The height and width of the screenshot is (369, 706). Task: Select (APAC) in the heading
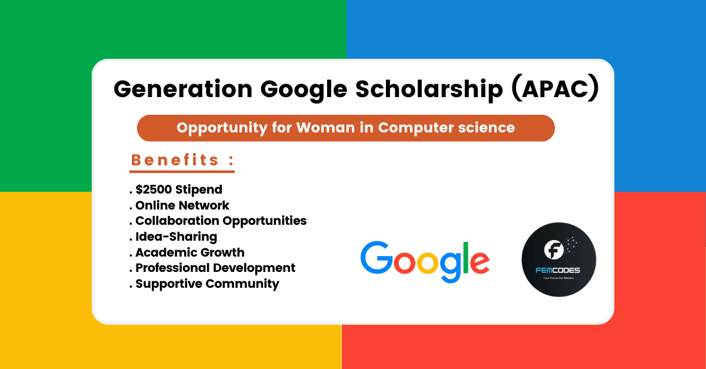pos(555,89)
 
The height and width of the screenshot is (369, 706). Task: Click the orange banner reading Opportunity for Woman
pos(345,128)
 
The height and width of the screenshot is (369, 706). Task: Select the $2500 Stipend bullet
pos(178,190)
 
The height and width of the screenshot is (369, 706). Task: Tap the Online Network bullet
pos(182,205)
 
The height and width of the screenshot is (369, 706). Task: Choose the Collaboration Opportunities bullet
pos(221,221)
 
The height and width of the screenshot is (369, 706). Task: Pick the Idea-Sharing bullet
pos(176,237)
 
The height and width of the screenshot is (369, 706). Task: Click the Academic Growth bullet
pos(189,252)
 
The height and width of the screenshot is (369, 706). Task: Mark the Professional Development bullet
pos(215,268)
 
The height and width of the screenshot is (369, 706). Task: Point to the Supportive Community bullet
pos(207,284)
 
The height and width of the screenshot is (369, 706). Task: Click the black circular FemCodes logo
pos(558,260)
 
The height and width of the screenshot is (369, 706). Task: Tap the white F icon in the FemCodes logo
pos(553,250)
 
